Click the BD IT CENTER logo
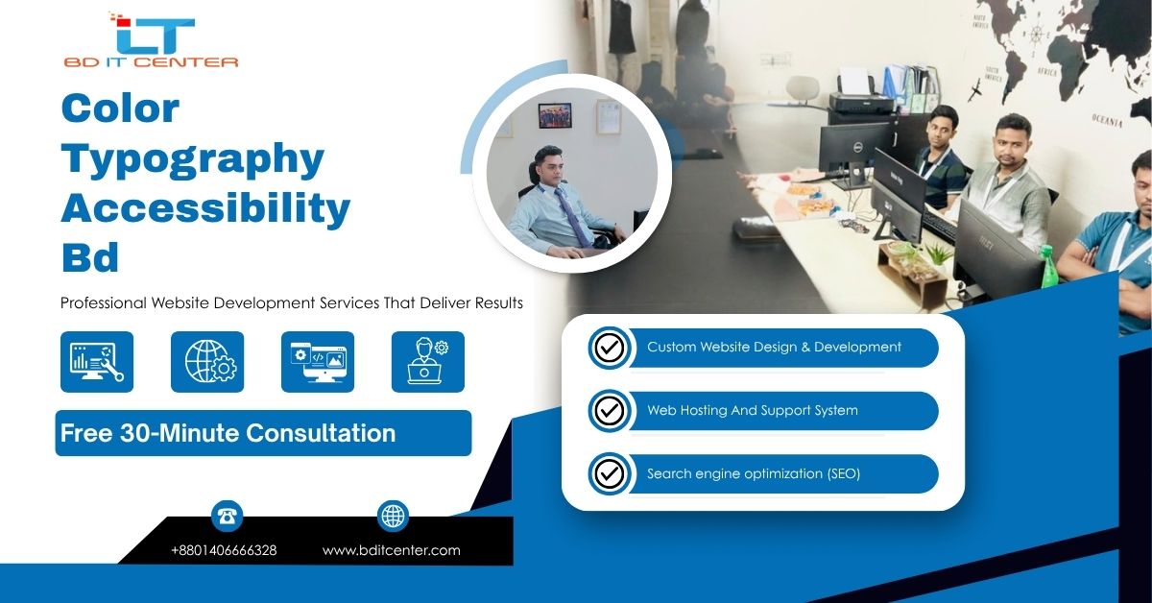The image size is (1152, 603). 152,40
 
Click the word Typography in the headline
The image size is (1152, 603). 193,159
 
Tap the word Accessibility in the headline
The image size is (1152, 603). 205,208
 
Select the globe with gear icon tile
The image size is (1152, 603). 207,362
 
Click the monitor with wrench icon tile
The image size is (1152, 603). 97,362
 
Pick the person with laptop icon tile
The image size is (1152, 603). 428,362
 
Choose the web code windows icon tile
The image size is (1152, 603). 318,362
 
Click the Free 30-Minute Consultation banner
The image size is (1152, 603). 263,433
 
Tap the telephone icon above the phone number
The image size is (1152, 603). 227,516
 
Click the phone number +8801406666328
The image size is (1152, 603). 224,550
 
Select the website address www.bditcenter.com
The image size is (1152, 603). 392,550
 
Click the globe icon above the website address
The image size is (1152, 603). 393,516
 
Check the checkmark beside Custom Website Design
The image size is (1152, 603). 610,348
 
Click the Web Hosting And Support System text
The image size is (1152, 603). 753,410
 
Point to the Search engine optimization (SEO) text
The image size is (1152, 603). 754,474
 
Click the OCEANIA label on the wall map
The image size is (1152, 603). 1107,120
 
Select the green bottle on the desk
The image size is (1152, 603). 1047,267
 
